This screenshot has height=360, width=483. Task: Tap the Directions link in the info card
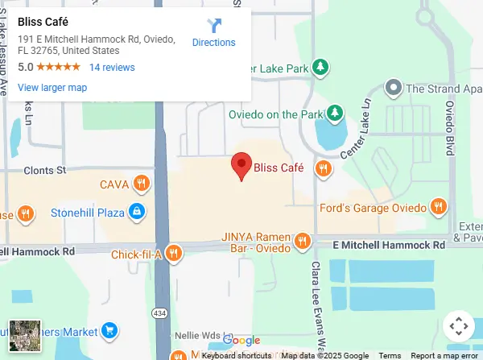coord(213,43)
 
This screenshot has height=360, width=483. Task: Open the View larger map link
coord(52,88)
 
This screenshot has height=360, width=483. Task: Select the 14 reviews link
coord(112,68)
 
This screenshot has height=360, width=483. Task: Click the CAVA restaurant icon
coord(142,184)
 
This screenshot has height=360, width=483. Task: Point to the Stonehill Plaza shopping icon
coord(138,212)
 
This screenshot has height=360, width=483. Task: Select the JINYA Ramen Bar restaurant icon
coord(303,241)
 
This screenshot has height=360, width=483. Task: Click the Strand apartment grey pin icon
coord(393,87)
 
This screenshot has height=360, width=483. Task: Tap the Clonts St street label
coord(44,171)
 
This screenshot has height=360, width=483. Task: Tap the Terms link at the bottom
coord(390,355)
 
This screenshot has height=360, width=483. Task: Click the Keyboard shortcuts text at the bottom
coord(236,355)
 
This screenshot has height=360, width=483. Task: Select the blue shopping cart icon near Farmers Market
coord(110,330)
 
